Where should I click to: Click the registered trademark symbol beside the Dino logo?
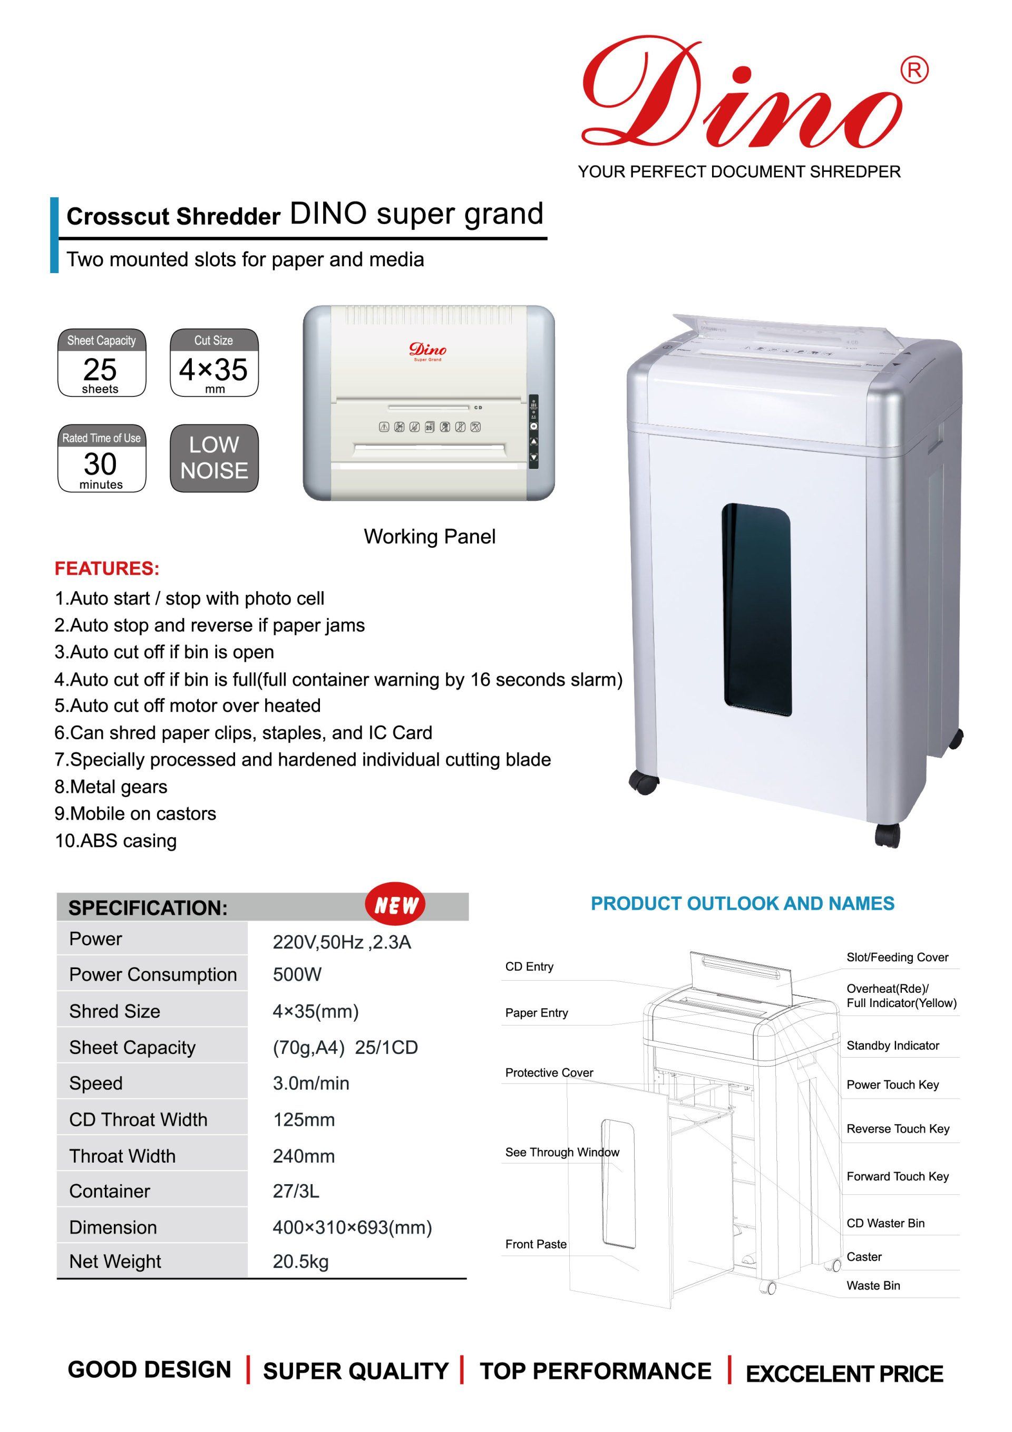(914, 71)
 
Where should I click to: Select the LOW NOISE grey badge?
(214, 458)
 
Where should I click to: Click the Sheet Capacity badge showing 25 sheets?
(102, 362)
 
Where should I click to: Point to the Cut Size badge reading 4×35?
(214, 362)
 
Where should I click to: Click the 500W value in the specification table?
(297, 975)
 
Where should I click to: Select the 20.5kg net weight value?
(300, 1262)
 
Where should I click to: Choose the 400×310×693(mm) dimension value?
(352, 1227)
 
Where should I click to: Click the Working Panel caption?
(430, 536)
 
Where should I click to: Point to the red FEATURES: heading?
(107, 569)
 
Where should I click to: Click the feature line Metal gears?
(111, 787)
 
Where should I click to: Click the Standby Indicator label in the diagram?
(893, 1046)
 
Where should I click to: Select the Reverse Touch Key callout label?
(898, 1129)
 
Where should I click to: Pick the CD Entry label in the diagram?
(529, 967)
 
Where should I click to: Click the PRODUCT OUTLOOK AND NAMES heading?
(743, 904)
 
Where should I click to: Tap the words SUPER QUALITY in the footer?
(355, 1371)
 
